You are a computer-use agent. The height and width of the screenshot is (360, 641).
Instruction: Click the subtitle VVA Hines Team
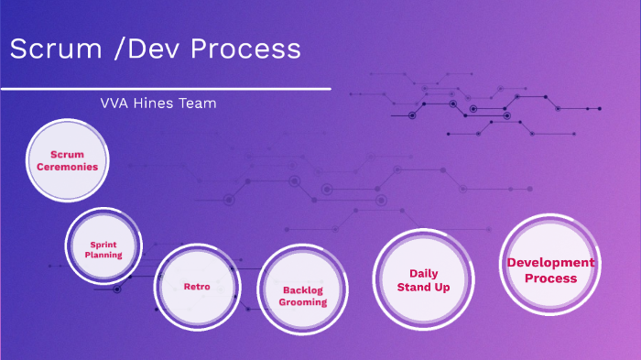[158, 104]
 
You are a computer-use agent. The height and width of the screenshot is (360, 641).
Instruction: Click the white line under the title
[165, 89]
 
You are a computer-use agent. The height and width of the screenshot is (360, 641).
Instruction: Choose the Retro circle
[197, 287]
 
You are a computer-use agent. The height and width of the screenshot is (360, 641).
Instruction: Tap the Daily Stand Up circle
[422, 279]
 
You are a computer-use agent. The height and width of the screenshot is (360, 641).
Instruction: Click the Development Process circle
[550, 270]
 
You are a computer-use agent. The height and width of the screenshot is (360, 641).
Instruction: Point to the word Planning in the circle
[103, 255]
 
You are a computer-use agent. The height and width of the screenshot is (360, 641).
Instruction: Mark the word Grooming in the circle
[303, 301]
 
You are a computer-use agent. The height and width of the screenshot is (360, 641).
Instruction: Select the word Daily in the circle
[423, 273]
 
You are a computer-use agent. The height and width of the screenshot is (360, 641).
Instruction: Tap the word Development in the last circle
[550, 263]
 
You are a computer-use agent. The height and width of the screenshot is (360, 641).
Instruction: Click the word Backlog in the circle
[303, 289]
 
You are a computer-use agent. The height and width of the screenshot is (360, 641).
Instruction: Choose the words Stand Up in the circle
[422, 287]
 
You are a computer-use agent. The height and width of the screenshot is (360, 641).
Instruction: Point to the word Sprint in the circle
[103, 245]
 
